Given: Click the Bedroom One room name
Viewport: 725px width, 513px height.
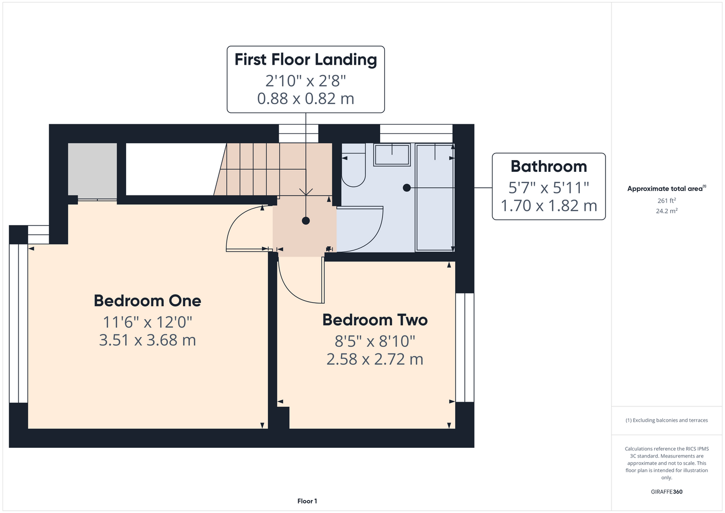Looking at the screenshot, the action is click(x=147, y=301).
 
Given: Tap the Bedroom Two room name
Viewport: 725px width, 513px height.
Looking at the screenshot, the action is click(x=375, y=320).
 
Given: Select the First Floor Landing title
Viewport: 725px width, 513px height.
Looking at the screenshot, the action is click(x=305, y=60).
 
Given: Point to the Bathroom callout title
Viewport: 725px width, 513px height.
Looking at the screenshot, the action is click(x=548, y=166).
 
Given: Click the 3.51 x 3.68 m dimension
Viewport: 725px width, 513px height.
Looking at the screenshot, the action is click(x=147, y=340).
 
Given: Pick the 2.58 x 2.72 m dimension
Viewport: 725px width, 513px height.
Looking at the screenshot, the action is click(x=375, y=359).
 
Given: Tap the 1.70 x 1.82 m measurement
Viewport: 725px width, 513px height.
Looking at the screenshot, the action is click(x=548, y=206).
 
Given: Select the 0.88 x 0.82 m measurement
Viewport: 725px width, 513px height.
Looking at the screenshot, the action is click(x=305, y=98).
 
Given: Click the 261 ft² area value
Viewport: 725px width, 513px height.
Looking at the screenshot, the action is click(x=667, y=201).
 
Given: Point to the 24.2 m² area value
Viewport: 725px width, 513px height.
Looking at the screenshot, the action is click(x=667, y=211).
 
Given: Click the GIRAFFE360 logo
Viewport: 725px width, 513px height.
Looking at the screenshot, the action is click(x=667, y=491).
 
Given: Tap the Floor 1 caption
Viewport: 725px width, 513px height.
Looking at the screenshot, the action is click(x=307, y=501).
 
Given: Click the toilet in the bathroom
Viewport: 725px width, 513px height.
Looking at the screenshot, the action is click(x=354, y=165).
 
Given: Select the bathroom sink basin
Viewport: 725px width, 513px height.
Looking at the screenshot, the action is click(x=392, y=155).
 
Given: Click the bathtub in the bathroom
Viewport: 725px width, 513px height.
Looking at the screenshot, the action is click(x=435, y=198).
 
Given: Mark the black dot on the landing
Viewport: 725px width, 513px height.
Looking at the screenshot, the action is click(x=306, y=221).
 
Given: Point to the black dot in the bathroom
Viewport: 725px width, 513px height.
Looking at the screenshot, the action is click(x=407, y=188).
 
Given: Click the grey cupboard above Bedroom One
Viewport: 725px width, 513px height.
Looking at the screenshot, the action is click(x=92, y=170).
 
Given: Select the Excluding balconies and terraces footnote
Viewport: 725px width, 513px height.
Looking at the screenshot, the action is click(x=667, y=420).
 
